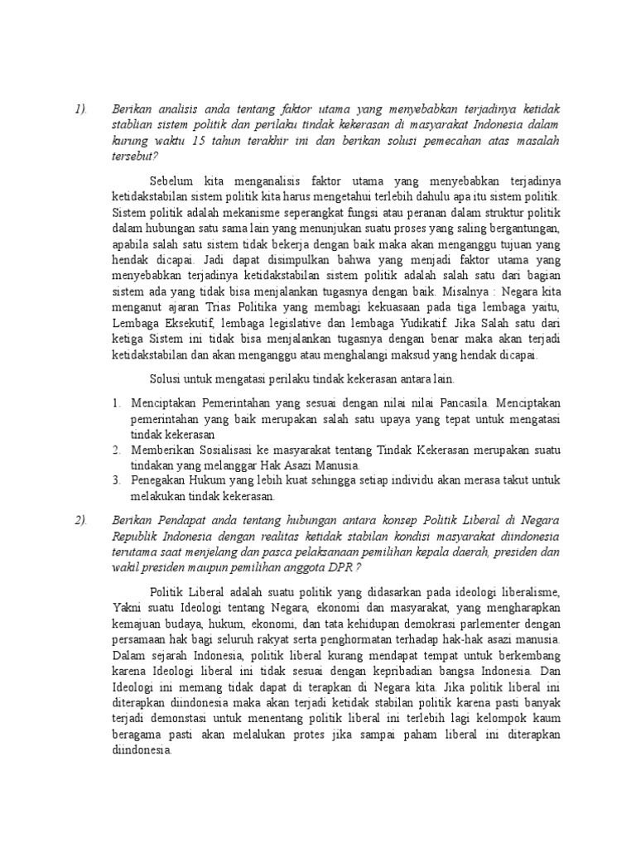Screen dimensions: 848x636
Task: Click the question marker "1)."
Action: [80, 108]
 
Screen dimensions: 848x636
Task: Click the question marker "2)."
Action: [80, 519]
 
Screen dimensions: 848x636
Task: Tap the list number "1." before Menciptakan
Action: [117, 403]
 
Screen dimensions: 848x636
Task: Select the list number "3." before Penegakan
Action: [117, 481]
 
